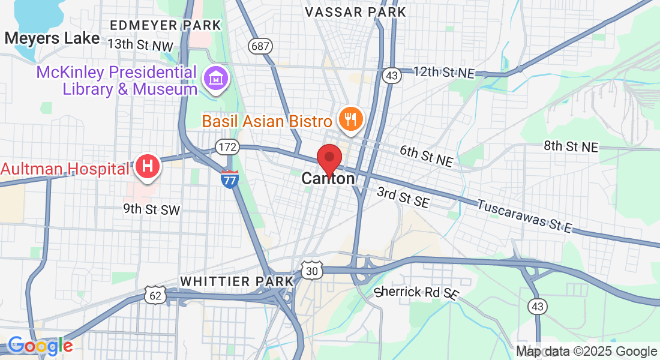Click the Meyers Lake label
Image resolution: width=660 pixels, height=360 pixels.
tap(52, 38)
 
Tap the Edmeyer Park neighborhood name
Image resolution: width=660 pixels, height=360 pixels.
tap(166, 25)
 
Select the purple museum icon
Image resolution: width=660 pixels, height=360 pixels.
tap(214, 77)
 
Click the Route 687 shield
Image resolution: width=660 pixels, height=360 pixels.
tap(260, 46)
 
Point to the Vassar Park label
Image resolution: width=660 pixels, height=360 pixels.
tap(355, 12)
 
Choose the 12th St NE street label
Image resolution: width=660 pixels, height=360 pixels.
tap(444, 73)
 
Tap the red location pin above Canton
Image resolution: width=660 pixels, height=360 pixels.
tap(329, 158)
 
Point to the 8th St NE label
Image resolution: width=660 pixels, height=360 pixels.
tap(571, 146)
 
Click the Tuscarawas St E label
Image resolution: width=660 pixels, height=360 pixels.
tap(525, 215)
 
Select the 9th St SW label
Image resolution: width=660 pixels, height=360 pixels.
tap(151, 209)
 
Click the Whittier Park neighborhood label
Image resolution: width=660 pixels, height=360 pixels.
tap(236, 281)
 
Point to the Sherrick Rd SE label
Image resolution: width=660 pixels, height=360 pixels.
tap(416, 293)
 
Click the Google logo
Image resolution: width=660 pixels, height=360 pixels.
tap(40, 346)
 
